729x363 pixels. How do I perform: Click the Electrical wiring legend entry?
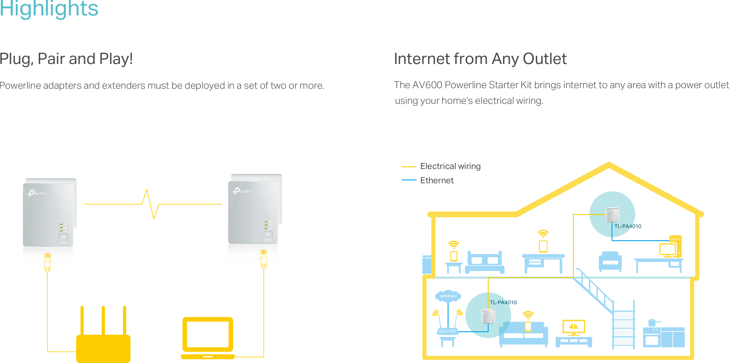tap(450, 166)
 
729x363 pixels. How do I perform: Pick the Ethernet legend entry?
tap(437, 180)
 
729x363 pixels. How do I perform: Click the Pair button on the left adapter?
tap(63, 237)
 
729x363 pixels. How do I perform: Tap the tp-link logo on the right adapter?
tap(242, 191)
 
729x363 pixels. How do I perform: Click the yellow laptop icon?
tap(208, 337)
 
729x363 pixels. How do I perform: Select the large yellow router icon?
tap(103, 348)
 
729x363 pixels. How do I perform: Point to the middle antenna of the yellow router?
tap(103, 320)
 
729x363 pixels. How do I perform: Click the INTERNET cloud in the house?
tap(448, 296)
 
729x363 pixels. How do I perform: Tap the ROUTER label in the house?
tap(447, 331)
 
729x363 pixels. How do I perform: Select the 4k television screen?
tap(573, 327)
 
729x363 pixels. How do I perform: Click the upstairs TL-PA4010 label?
tap(628, 226)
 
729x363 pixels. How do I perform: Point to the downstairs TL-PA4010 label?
tap(503, 302)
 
